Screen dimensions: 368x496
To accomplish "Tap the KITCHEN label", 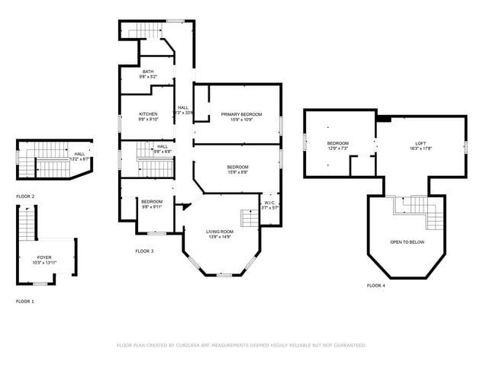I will point(148,116).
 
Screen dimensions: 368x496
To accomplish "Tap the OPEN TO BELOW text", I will point(407,242).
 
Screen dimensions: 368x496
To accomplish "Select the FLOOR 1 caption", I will point(25,302).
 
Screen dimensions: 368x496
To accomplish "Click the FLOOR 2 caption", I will point(25,197).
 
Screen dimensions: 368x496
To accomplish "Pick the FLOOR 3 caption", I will point(144,251).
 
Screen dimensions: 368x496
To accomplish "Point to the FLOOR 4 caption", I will point(375,285).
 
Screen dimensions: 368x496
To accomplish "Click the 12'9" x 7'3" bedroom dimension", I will point(338,149).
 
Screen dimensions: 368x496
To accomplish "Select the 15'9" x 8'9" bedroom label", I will point(237,169).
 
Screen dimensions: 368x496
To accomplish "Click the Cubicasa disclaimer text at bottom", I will point(241,345).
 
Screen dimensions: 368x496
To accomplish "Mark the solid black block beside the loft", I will point(384,118).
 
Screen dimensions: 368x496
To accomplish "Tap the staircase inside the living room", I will point(250,219).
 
